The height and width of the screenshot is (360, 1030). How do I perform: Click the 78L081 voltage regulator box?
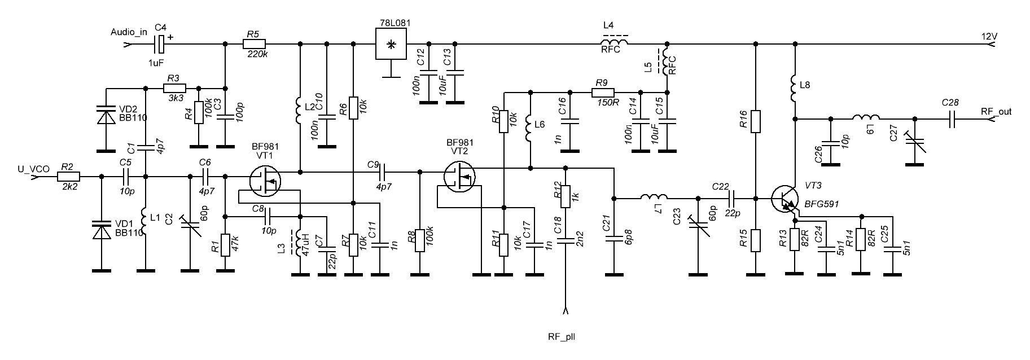click(392, 43)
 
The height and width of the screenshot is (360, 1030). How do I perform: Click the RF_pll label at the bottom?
click(562, 337)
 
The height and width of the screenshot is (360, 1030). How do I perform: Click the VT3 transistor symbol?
click(785, 199)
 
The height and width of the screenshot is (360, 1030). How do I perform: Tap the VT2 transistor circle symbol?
click(459, 176)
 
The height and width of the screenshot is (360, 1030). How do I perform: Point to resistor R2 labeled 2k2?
click(69, 177)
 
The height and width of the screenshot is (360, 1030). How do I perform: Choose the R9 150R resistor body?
click(604, 91)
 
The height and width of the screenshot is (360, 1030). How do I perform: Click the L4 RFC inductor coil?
click(614, 43)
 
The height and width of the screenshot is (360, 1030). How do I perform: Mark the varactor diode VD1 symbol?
click(102, 231)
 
